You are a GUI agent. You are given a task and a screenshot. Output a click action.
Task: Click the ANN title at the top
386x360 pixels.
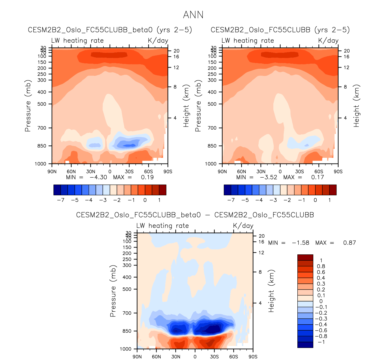tap(193, 15)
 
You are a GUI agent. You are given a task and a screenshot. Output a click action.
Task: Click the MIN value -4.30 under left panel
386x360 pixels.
tap(98, 177)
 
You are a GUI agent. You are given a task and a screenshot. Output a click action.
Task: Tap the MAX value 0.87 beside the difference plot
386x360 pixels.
tap(349, 243)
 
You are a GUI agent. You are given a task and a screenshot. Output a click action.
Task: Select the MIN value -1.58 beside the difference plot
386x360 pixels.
tap(300, 243)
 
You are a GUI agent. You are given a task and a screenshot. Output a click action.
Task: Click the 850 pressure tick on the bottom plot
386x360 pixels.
tap(127, 331)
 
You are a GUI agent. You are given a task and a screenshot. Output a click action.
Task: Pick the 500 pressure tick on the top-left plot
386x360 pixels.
tap(42, 104)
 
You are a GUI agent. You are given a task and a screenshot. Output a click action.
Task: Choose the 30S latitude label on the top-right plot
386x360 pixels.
tap(299, 172)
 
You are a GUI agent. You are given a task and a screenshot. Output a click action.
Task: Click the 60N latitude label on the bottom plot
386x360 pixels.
tap(157, 357)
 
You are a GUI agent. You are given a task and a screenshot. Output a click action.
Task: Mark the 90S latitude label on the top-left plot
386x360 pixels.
tap(167, 172)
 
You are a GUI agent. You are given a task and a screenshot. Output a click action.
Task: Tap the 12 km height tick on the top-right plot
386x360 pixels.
tap(346, 67)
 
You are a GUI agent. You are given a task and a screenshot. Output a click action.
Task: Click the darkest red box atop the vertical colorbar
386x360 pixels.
tap(305, 257)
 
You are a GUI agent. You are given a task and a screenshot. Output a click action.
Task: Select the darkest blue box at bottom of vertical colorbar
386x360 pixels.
tap(305, 345)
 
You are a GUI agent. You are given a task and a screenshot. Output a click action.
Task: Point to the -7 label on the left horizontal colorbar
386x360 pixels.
tap(61, 200)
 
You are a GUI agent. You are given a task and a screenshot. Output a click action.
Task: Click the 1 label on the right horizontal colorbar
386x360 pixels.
tap(330, 200)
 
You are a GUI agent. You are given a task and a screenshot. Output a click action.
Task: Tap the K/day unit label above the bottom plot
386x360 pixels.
tap(243, 226)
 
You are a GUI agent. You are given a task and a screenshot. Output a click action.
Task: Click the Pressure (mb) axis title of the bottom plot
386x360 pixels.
tap(113, 291)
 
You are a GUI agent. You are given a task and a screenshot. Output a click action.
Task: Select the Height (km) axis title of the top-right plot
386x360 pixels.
tap(357, 106)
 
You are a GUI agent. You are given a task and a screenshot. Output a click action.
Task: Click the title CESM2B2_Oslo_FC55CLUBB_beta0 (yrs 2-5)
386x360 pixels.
tap(110, 30)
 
